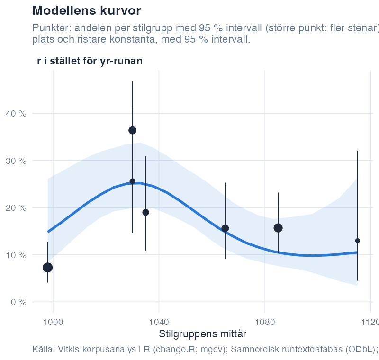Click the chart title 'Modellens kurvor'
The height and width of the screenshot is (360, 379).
click(87, 10)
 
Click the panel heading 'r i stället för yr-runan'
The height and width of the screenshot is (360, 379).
click(90, 61)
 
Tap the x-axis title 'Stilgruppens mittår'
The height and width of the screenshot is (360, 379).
click(203, 334)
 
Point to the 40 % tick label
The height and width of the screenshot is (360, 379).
click(16, 114)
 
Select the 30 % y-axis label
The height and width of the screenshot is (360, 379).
click(16, 161)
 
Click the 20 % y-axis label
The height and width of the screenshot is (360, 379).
click(16, 208)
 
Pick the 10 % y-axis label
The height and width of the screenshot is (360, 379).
click(16, 255)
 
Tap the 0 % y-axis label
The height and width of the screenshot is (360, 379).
click(18, 302)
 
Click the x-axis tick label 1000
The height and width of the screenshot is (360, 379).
click(53, 322)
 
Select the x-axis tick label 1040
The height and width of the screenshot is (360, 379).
click(159, 322)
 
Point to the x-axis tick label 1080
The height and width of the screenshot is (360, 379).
click(265, 322)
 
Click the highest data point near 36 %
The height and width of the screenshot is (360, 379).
click(133, 130)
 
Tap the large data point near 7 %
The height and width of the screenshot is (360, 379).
click(48, 268)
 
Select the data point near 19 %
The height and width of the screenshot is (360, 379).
click(145, 213)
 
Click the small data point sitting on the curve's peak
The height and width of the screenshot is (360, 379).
click(133, 181)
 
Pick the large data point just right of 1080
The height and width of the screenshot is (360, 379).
click(278, 228)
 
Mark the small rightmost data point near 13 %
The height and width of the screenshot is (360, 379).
click(358, 241)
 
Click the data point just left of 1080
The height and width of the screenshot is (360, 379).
click(226, 228)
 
